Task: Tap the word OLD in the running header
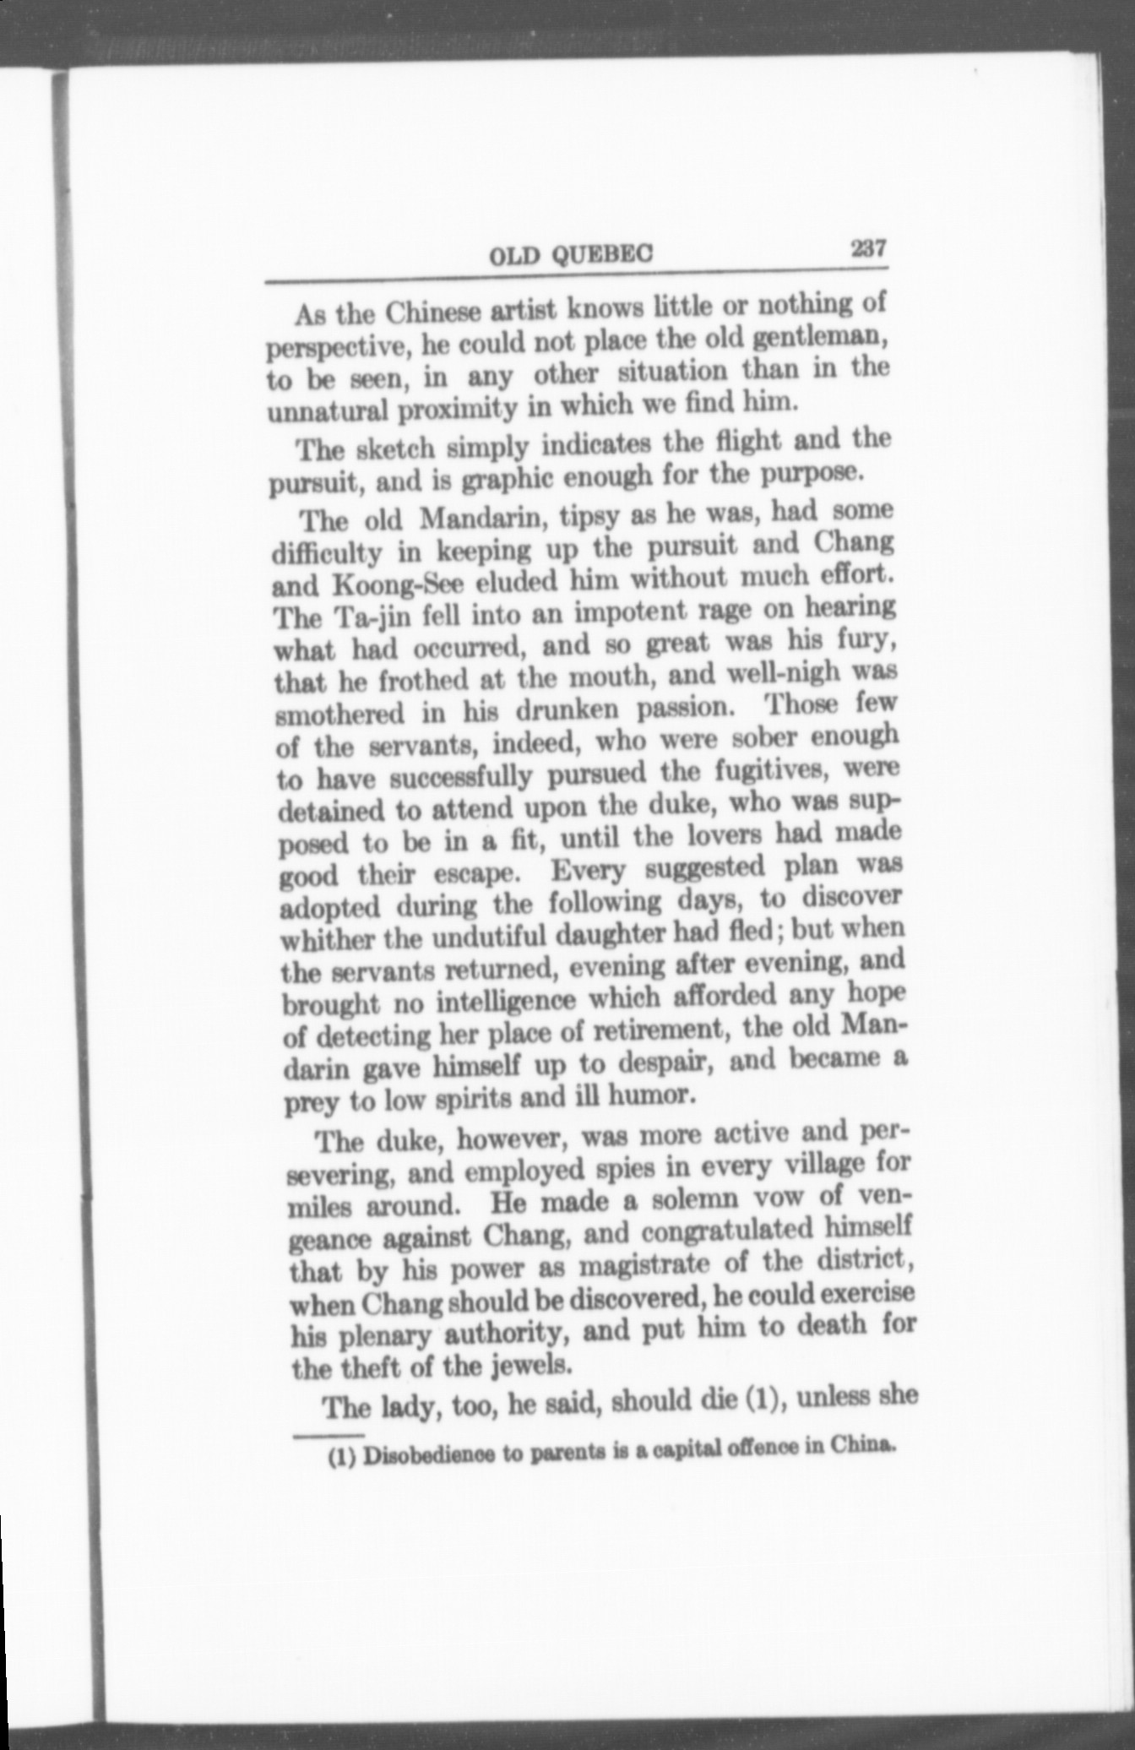pyautogui.click(x=514, y=255)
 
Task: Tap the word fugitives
pyautogui.click(x=774, y=771)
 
